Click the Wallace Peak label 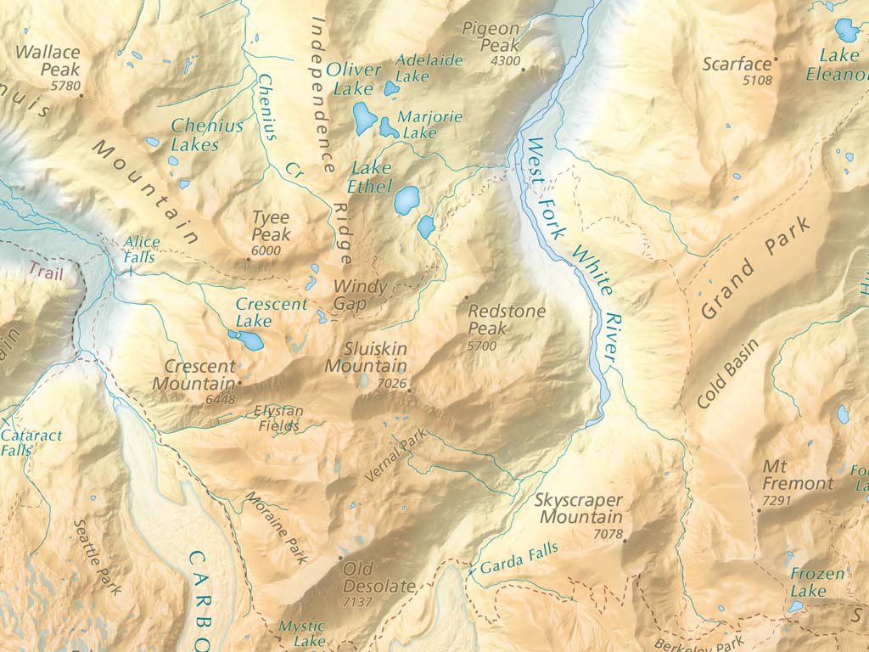click(x=48, y=60)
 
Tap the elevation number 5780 click(x=65, y=86)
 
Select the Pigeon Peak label click(x=491, y=37)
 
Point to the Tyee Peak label click(x=271, y=226)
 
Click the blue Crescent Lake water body click(x=246, y=340)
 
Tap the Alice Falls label click(x=140, y=249)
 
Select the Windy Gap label click(x=360, y=295)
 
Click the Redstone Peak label click(x=507, y=320)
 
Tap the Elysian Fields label click(x=278, y=418)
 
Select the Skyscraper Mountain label click(x=579, y=509)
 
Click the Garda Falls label click(x=519, y=557)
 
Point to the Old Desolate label click(x=378, y=577)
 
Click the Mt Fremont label click(x=798, y=475)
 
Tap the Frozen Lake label click(x=817, y=582)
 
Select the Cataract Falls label click(x=31, y=442)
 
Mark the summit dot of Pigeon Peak click(x=524, y=70)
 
